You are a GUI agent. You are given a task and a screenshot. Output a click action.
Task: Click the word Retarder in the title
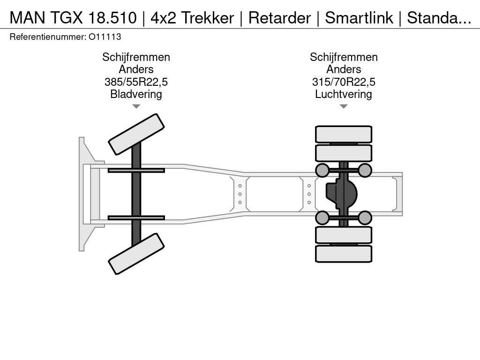[279, 18]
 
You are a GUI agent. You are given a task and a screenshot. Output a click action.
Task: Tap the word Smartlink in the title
[359, 18]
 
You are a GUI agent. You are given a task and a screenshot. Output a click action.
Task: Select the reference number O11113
[105, 37]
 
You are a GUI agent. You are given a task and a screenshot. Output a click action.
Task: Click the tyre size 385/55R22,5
[136, 82]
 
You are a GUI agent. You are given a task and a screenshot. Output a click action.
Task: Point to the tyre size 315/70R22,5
[344, 82]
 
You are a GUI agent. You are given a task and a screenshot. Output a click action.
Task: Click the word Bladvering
[136, 94]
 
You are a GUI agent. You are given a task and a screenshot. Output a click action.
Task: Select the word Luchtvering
[344, 94]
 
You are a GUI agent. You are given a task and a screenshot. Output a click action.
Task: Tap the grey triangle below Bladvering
[136, 106]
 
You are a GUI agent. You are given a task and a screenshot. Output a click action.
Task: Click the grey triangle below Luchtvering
[344, 106]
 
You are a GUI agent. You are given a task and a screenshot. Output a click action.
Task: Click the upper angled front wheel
[136, 135]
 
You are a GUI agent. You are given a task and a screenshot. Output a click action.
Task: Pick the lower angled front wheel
[136, 254]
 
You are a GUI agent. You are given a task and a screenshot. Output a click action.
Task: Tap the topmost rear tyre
[344, 134]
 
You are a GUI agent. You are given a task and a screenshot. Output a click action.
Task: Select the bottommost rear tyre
[344, 254]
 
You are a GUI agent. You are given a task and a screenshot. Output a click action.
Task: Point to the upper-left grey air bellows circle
[322, 170]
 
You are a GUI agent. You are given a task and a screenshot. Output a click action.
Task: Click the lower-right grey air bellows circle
[365, 217]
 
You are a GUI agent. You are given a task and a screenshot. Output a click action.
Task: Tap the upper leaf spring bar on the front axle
[136, 171]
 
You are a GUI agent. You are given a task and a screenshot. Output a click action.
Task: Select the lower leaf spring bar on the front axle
[136, 217]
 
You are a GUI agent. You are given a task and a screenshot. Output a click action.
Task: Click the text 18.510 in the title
[112, 18]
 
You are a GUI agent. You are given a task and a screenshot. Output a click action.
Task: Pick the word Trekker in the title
[208, 18]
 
